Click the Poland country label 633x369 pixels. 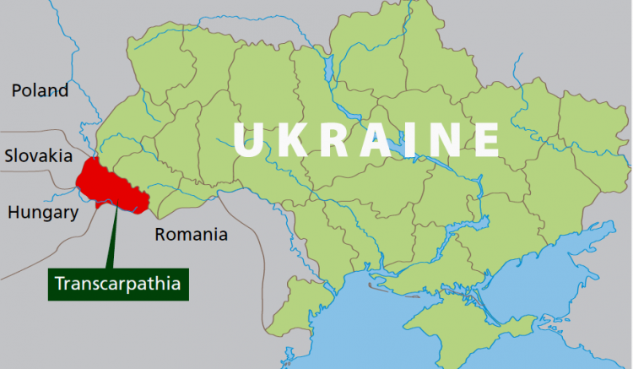click(x=40, y=90)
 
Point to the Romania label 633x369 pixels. click(x=191, y=234)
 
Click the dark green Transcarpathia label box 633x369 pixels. click(x=117, y=283)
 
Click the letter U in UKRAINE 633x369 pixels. click(x=251, y=140)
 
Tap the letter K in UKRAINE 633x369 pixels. click(x=295, y=140)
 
